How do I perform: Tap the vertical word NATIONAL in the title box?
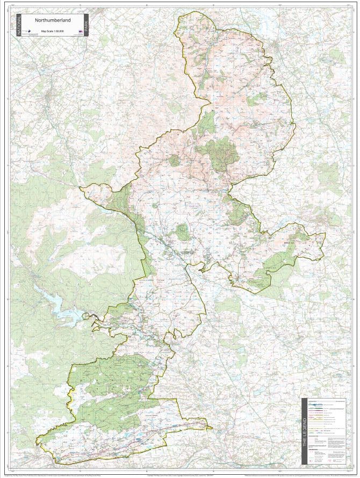click(19, 25)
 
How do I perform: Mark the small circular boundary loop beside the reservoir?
click(87, 315)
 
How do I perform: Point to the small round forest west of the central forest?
click(174, 160)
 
